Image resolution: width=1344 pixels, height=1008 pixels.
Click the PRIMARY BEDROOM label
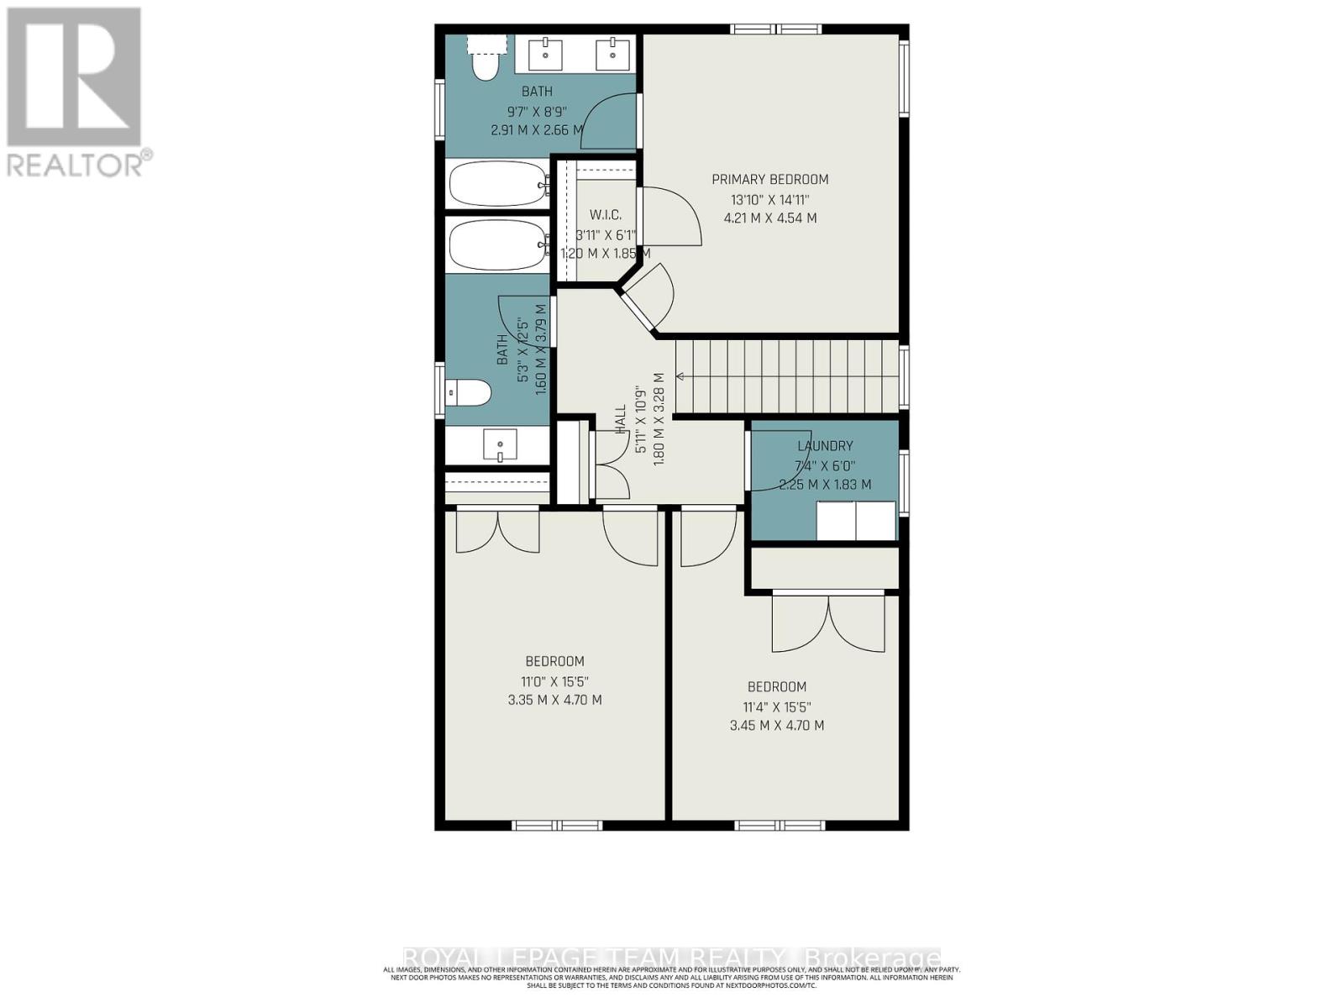(x=769, y=179)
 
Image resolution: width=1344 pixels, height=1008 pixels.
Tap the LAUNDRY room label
(x=825, y=446)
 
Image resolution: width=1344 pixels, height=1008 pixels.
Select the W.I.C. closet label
(x=605, y=215)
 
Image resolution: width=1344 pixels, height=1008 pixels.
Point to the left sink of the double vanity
(x=548, y=55)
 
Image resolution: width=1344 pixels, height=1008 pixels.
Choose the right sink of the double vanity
(x=613, y=55)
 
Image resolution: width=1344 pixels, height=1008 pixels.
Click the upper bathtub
(x=496, y=183)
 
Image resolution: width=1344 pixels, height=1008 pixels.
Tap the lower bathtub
(x=496, y=244)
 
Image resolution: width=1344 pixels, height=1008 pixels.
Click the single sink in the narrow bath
(x=501, y=445)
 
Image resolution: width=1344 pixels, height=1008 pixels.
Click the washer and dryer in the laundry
(x=856, y=520)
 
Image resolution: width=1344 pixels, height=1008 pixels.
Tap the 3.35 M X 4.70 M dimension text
(x=554, y=700)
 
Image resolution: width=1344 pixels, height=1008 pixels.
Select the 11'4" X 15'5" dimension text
(x=777, y=706)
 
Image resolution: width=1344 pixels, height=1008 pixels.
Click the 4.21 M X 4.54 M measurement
(x=769, y=218)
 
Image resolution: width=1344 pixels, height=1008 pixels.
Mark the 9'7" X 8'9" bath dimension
(x=537, y=111)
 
